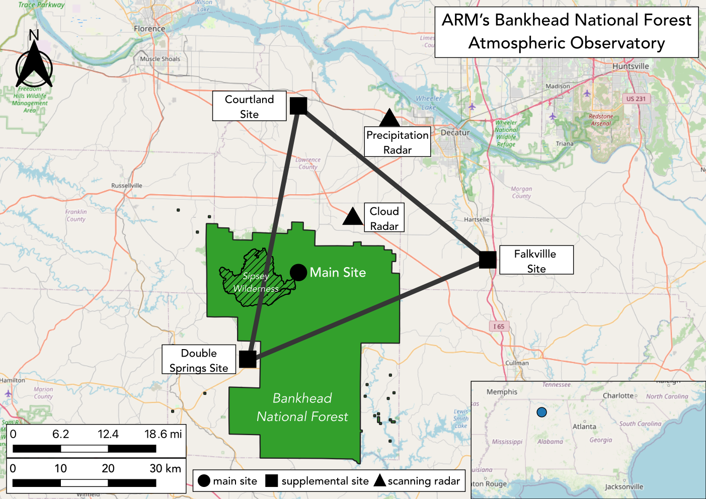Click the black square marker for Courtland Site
click(298, 106)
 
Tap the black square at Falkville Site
click(488, 260)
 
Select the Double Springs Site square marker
click(248, 359)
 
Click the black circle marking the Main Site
click(298, 273)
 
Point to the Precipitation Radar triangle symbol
click(389, 119)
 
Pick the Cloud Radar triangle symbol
click(353, 216)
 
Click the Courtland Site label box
click(249, 106)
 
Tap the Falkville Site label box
click(536, 260)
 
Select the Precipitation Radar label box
click(397, 142)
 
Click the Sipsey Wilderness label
click(256, 282)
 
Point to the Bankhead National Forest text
click(302, 407)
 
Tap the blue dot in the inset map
click(541, 412)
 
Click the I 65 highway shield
click(499, 326)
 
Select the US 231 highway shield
click(636, 99)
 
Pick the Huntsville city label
click(631, 66)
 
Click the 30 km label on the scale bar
click(165, 468)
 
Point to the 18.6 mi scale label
click(163, 434)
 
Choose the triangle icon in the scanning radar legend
click(380, 480)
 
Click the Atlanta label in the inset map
click(584, 427)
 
